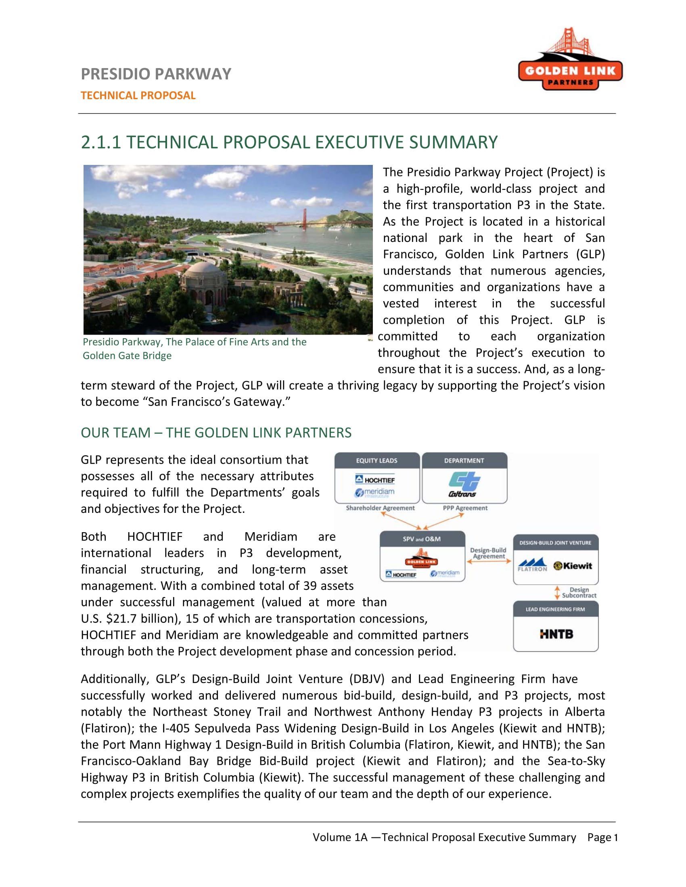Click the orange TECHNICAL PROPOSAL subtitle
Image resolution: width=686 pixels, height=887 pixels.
coord(138,96)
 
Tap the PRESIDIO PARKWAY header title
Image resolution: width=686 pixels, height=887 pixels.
coord(156,74)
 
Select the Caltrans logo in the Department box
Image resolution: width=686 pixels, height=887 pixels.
coord(464,485)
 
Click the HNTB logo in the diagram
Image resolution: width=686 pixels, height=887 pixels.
coord(556,634)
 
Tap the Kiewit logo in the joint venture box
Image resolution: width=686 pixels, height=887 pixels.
coord(573,566)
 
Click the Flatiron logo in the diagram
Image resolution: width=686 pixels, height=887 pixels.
coord(533,565)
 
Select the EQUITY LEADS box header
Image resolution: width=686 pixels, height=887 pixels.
coord(377,460)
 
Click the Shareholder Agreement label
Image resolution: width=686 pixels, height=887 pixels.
coord(380,508)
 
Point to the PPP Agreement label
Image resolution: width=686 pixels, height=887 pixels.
coord(465,508)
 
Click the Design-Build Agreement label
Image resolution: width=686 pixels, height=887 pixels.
coord(489,553)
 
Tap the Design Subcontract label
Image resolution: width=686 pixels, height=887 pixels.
coord(579,593)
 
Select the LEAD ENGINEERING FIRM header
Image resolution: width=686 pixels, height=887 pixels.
coord(555,609)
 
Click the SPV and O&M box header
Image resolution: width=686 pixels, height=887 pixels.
coord(422,539)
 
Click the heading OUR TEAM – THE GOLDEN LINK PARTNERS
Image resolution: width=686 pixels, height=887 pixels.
coord(216,433)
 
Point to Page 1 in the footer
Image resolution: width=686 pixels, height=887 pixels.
coord(602,837)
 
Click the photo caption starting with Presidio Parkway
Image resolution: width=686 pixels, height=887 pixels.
coord(194,348)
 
